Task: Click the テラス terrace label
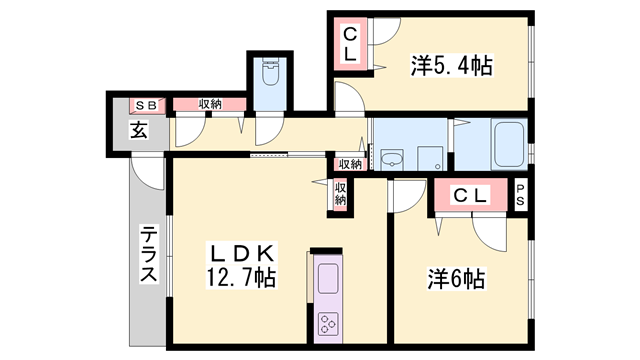point(147,256)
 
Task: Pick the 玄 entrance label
point(138,130)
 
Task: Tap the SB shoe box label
point(146,104)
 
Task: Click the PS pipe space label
point(521,197)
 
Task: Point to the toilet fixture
point(269,75)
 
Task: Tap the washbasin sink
point(390,158)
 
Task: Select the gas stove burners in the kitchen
point(329,323)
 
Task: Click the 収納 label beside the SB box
point(209,104)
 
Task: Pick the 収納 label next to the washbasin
point(350,164)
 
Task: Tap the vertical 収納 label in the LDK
point(340,194)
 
